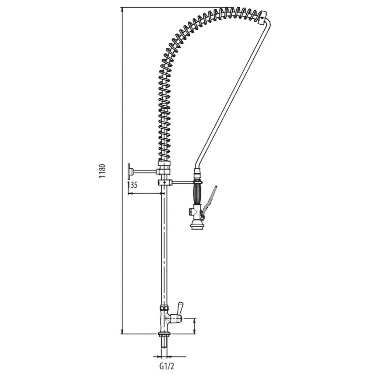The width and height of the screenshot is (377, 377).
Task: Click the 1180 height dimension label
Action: (x=102, y=171)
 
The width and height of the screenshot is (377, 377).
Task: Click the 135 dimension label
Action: (x=132, y=185)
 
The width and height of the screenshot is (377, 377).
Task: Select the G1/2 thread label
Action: (x=167, y=366)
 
